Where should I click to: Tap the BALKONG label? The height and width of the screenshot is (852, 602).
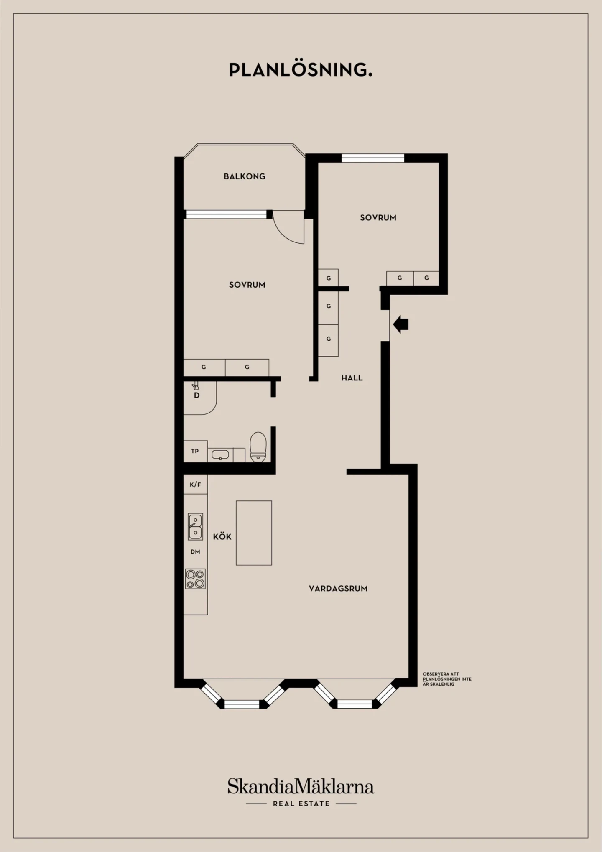coord(245,176)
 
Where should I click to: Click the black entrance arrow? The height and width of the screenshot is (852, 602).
coord(400,324)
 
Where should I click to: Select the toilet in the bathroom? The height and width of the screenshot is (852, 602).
coord(258,447)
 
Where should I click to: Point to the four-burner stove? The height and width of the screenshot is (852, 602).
coord(196,579)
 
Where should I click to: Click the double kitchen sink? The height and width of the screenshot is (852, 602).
coord(195,526)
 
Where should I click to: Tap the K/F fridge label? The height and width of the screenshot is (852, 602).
coord(195,485)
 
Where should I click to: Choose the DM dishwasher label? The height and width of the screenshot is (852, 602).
coord(195,552)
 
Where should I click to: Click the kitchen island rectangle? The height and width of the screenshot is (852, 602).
coord(254,533)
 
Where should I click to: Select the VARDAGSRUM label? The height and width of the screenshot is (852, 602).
coord(338,589)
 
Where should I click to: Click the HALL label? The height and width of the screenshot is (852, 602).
coord(352,378)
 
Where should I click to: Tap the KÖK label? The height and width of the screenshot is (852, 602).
coord(222,536)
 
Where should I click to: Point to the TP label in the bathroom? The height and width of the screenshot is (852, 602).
coord(195,451)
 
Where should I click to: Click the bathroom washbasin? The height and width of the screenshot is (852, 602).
coord(220,454)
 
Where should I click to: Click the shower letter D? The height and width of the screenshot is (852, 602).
coord(196,395)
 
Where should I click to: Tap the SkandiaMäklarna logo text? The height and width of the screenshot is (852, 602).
coord(301,786)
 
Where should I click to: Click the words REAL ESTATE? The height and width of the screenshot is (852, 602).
coord(301,804)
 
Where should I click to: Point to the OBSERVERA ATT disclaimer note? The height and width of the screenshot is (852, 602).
coord(447,679)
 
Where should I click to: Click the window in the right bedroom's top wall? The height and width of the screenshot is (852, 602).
coord(373,158)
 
